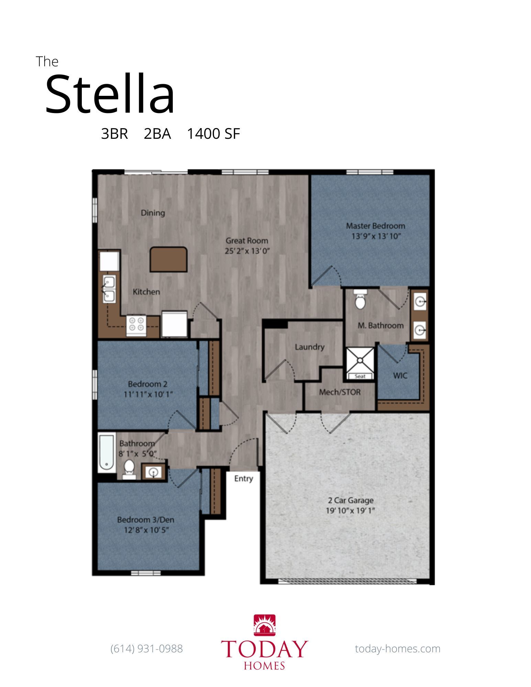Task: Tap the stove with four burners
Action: [136, 325]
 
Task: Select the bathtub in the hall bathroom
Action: [107, 452]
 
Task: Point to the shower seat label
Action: [360, 376]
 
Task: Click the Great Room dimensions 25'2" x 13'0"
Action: [247, 251]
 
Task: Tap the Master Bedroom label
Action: [376, 226]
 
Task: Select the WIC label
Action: [400, 375]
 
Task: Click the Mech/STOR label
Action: [340, 392]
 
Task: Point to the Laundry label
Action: [310, 347]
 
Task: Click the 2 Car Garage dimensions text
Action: [350, 510]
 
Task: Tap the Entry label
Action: [244, 478]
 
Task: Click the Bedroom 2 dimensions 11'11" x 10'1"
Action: [148, 394]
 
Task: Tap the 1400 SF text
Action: [213, 134]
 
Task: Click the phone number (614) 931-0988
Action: [147, 649]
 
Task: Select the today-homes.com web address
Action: [398, 649]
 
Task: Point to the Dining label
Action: [153, 213]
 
